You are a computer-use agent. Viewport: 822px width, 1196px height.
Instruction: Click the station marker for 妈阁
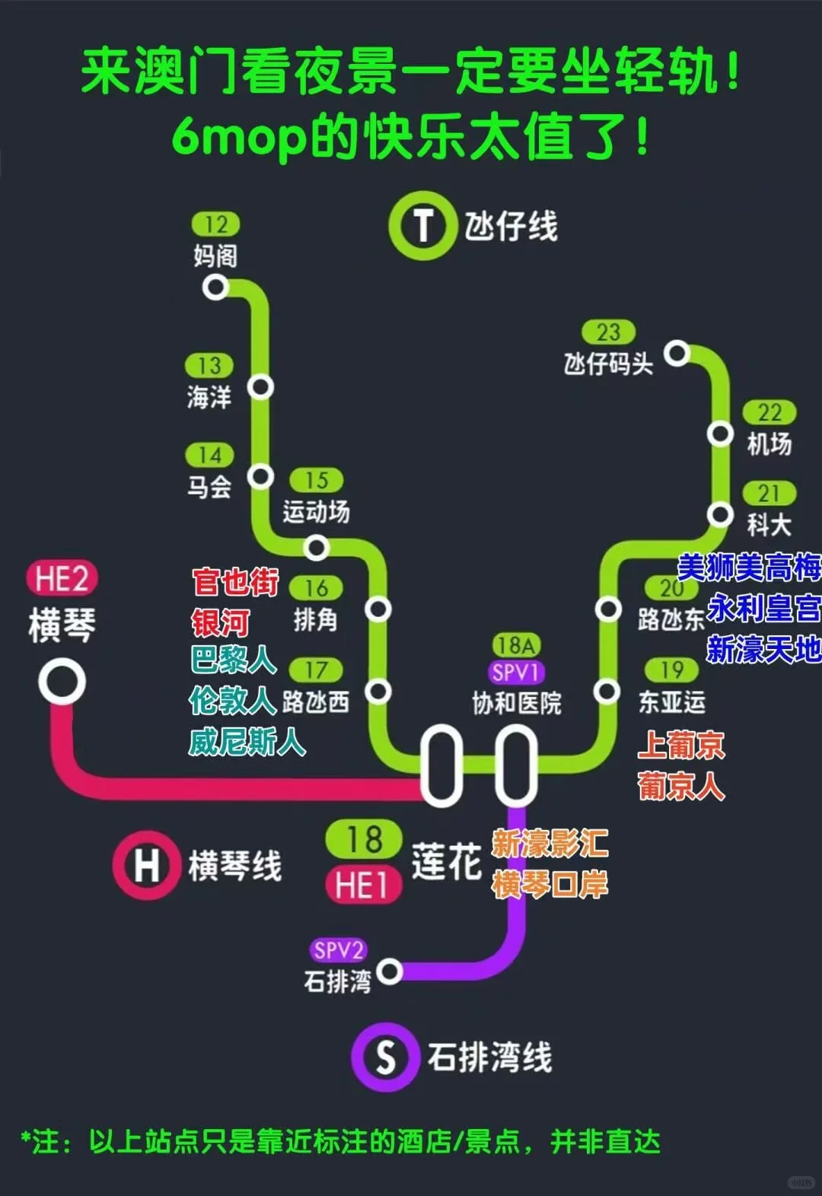pyautogui.click(x=216, y=288)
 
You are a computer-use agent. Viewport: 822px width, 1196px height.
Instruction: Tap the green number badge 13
pyautogui.click(x=209, y=366)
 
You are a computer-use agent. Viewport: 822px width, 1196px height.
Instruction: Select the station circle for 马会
pyautogui.click(x=260, y=477)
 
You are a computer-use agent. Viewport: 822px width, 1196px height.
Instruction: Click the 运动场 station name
pyautogui.click(x=316, y=512)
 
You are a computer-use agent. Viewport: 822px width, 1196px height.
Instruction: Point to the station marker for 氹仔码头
pyautogui.click(x=677, y=354)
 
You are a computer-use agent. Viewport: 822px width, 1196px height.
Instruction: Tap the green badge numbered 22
pyautogui.click(x=769, y=412)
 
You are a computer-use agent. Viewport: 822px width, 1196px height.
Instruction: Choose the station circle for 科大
pyautogui.click(x=719, y=514)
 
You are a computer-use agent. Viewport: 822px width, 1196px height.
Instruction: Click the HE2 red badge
pyautogui.click(x=62, y=578)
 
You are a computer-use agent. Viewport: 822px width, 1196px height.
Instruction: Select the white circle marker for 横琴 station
pyautogui.click(x=62, y=681)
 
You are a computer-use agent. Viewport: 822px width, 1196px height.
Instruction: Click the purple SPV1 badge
pyautogui.click(x=516, y=673)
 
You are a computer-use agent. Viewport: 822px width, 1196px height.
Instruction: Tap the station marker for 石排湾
pyautogui.click(x=390, y=972)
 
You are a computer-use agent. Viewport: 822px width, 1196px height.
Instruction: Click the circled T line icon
pyautogui.click(x=422, y=226)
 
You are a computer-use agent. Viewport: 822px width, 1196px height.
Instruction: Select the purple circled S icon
pyautogui.click(x=385, y=1057)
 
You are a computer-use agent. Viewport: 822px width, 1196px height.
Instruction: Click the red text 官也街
pyautogui.click(x=235, y=582)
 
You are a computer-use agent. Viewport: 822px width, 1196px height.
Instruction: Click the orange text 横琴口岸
pyautogui.click(x=550, y=885)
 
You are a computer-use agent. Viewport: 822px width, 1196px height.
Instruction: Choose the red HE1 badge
pyautogui.click(x=363, y=886)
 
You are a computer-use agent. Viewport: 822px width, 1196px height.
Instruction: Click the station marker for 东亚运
pyautogui.click(x=607, y=691)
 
